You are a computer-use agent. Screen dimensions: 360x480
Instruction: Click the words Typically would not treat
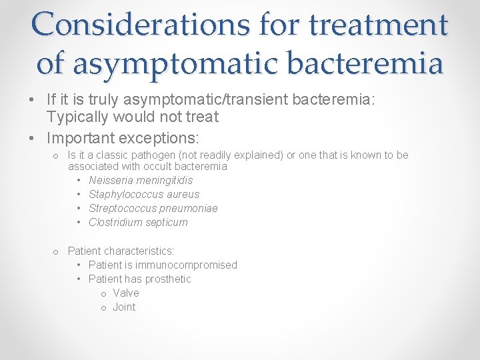tap(133, 117)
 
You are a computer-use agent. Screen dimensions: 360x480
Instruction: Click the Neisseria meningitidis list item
tap(141, 180)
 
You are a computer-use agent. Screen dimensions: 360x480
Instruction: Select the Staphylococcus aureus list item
tap(144, 194)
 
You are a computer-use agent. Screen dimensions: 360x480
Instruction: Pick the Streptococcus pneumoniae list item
tap(153, 208)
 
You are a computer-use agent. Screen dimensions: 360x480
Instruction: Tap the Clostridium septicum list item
tap(138, 222)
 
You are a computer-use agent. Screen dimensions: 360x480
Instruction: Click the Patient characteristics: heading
tap(121, 251)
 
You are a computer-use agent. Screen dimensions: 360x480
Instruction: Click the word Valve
tap(126, 293)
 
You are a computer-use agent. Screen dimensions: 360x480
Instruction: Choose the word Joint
tap(124, 307)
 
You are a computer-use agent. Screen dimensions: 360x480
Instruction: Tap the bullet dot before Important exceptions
tap(33, 138)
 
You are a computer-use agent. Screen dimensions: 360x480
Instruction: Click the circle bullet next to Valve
tap(103, 293)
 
